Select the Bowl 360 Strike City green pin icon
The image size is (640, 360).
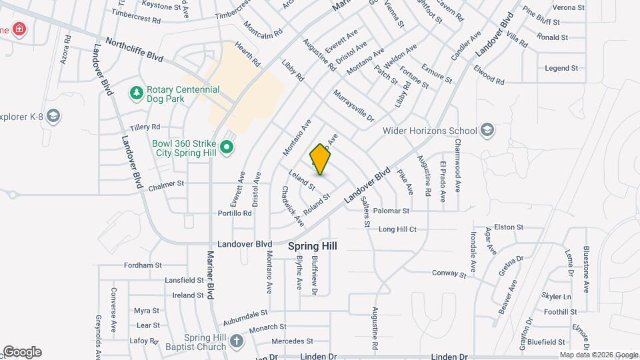pyautogui.click(x=227, y=146)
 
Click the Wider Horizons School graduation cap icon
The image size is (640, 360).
pyautogui.click(x=487, y=130)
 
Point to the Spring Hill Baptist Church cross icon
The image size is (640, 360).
pyautogui.click(x=235, y=342)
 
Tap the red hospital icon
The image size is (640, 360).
pyautogui.click(x=19, y=29)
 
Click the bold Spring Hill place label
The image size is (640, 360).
pyautogui.click(x=313, y=246)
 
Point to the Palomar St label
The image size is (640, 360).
pyautogui.click(x=391, y=211)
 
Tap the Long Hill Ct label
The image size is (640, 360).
pyautogui.click(x=397, y=229)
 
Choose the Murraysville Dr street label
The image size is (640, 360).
pyautogui.click(x=355, y=106)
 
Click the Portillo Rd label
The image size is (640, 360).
pyautogui.click(x=235, y=213)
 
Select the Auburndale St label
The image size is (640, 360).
pyautogui.click(x=245, y=311)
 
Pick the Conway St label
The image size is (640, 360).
pyautogui.click(x=449, y=273)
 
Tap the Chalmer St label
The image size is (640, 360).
pyautogui.click(x=166, y=184)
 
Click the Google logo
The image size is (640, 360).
pyautogui.click(x=22, y=352)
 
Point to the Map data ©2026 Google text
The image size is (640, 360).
pyautogui.click(x=598, y=355)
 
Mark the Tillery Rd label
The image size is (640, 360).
pyautogui.click(x=145, y=127)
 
